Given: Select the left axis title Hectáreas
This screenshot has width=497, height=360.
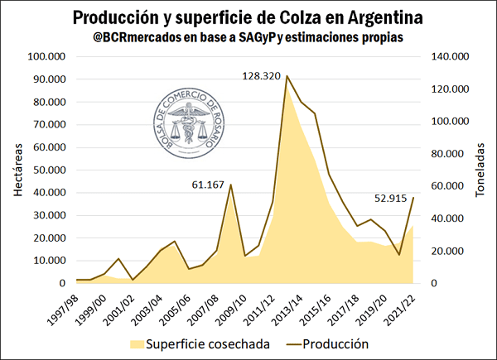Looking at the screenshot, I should click(19, 170).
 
